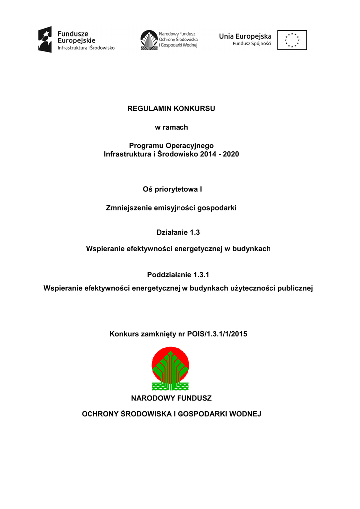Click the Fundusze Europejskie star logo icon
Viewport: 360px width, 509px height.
coord(45,40)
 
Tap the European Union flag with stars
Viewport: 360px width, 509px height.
coord(292,40)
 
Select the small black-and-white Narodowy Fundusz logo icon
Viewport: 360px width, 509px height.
coord(148,40)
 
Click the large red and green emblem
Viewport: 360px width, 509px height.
coord(171,368)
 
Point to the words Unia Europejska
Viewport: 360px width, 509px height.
coord(245,36)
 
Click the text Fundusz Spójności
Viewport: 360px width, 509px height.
coord(252,44)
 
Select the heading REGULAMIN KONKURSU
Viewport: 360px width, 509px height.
coord(171,109)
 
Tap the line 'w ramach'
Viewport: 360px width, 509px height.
coord(171,127)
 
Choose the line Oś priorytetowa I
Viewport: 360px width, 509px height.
coord(171,189)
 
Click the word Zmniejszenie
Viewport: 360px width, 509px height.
coord(128,208)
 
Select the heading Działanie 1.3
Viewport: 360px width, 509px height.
coord(171,231)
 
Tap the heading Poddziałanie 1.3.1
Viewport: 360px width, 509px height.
coord(171,275)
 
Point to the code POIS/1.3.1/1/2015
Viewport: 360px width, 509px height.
coord(217,334)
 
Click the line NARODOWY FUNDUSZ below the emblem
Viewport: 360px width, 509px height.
coord(171,398)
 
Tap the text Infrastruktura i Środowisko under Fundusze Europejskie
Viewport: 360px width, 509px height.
coord(86,48)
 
